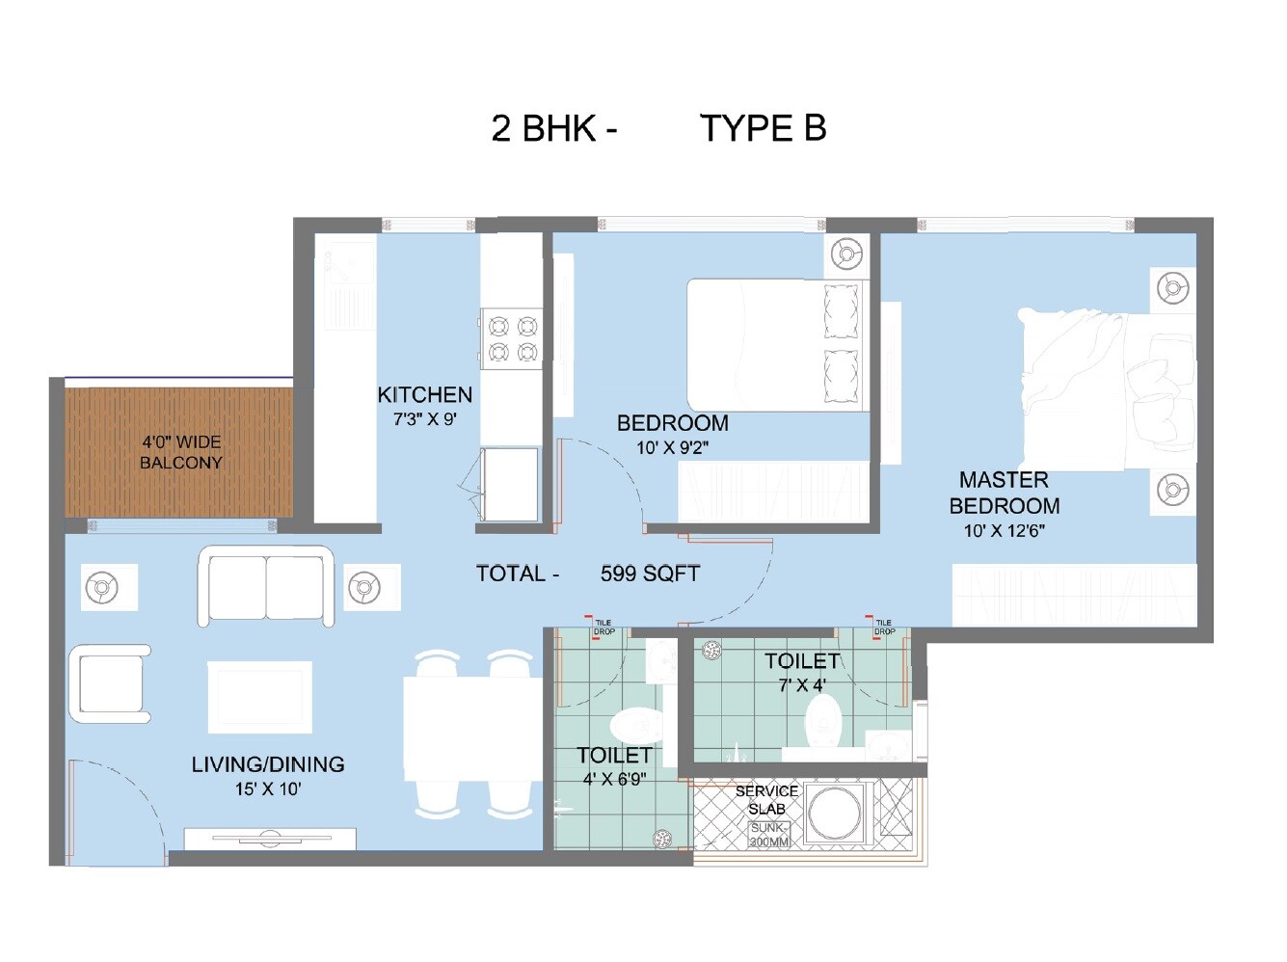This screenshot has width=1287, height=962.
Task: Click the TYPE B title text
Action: (x=763, y=128)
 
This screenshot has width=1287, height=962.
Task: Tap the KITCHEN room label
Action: (x=424, y=395)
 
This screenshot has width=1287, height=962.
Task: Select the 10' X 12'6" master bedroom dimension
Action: (x=1004, y=531)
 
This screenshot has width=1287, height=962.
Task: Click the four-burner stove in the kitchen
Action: (x=512, y=338)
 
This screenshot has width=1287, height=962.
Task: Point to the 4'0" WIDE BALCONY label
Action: (x=181, y=452)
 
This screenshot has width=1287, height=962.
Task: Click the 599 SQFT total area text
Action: (x=650, y=575)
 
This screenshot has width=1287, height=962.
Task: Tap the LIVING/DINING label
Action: (x=268, y=764)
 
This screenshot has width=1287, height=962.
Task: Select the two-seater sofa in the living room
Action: (x=266, y=586)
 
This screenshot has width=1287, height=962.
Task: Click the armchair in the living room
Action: (x=109, y=683)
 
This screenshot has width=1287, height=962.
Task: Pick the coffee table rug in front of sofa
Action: (x=259, y=696)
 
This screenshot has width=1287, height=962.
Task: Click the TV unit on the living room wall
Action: (x=270, y=840)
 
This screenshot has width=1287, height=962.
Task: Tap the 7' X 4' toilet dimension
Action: (x=802, y=686)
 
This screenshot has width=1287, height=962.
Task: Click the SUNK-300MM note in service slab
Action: (x=769, y=835)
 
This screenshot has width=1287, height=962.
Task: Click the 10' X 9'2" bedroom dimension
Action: (x=672, y=448)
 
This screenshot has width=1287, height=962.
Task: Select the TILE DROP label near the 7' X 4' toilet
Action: (x=884, y=628)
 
